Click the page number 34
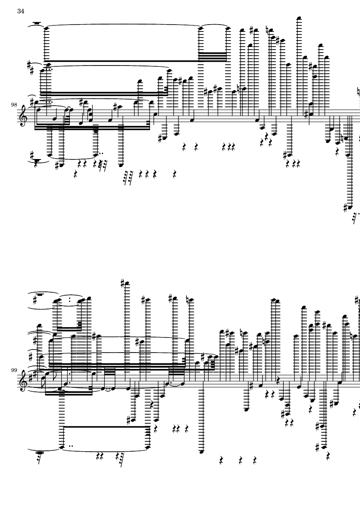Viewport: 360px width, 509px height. pyautogui.click(x=21, y=11)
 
